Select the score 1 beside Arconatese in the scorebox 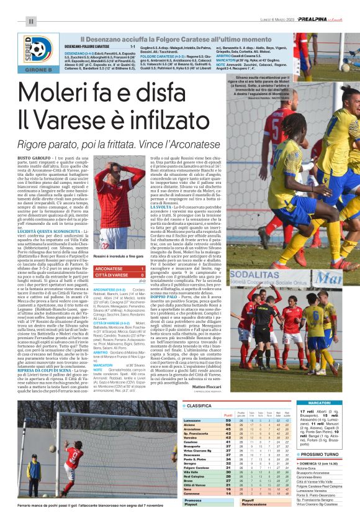[x=143, y=269]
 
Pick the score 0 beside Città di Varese [x=143, y=275]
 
